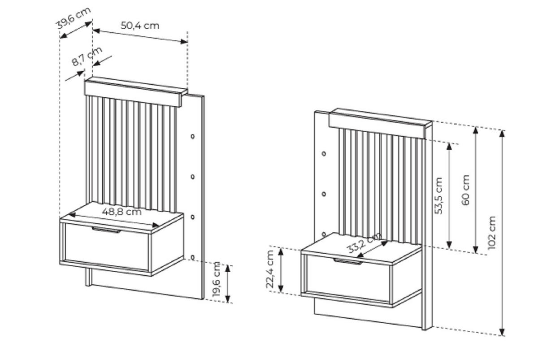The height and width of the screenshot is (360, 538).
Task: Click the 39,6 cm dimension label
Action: click(x=73, y=18)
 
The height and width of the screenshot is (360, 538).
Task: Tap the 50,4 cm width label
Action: click(x=140, y=26)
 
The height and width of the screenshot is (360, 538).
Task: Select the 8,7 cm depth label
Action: click(x=87, y=56)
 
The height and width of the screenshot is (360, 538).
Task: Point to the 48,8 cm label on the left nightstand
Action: click(x=121, y=212)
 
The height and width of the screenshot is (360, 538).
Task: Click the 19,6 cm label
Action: click(x=217, y=279)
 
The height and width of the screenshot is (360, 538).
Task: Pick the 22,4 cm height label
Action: click(x=270, y=269)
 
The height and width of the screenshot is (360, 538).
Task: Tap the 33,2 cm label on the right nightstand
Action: click(x=364, y=243)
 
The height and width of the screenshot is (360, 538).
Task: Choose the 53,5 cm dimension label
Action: click(x=438, y=195)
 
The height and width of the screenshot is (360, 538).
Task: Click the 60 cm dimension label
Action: click(x=465, y=190)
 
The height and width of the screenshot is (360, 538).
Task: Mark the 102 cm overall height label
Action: click(x=492, y=233)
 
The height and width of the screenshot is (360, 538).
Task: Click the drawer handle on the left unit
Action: click(x=106, y=230)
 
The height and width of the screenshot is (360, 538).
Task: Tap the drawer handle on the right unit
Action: click(x=348, y=261)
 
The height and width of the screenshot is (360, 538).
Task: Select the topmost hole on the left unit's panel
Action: click(x=193, y=136)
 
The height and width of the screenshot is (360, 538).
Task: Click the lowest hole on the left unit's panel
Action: click(x=193, y=257)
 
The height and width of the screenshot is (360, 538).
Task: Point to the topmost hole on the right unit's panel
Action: click(x=324, y=153)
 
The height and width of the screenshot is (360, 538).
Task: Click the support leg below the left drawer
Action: click(x=89, y=277)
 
